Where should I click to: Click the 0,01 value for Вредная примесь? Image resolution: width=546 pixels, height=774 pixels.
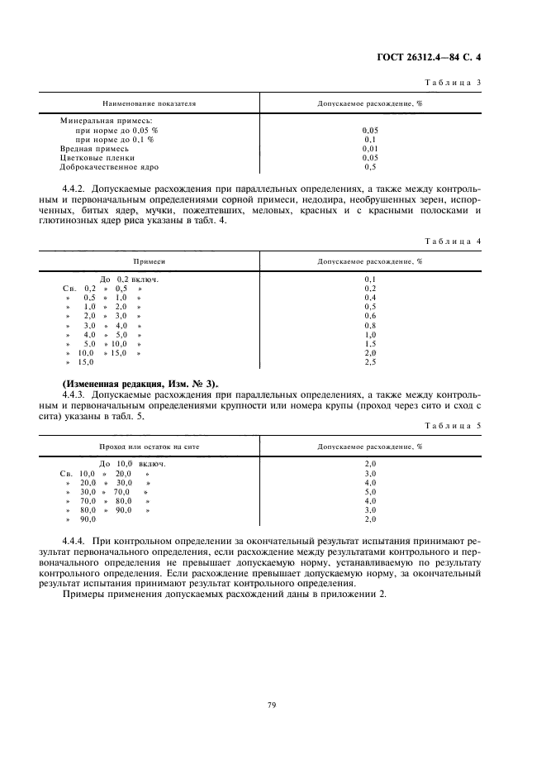tap(370, 148)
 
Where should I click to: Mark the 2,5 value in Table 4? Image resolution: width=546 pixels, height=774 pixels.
tap(370, 362)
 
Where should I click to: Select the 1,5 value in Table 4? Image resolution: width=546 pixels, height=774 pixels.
tap(370, 343)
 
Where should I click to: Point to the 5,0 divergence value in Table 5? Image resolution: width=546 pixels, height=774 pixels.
tap(370, 491)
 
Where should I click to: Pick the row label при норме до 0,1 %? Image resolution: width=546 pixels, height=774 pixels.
tap(114, 139)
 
